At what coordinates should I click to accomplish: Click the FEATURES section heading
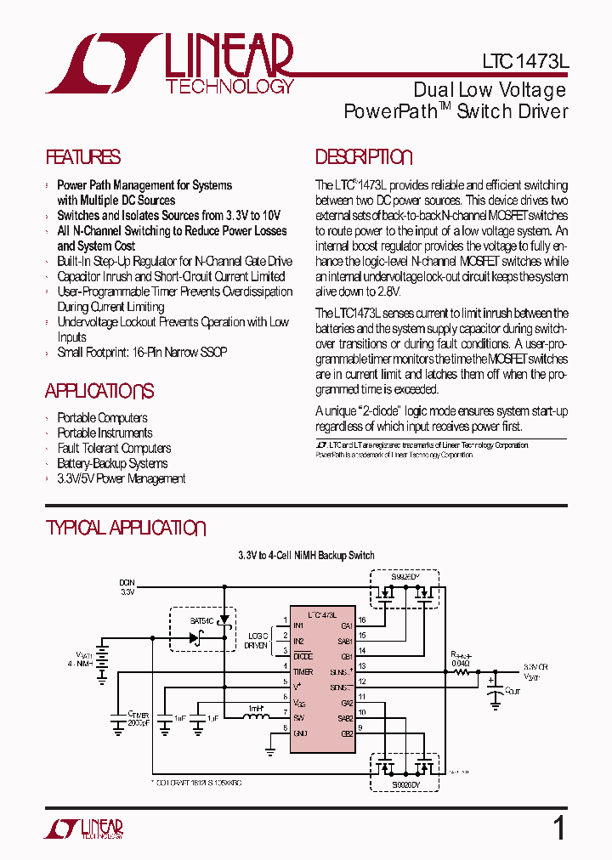pyautogui.click(x=82, y=157)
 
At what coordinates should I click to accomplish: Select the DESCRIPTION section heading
pyautogui.click(x=364, y=157)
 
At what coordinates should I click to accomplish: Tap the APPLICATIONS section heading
pyautogui.click(x=99, y=391)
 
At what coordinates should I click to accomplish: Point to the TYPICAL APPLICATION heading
pyautogui.click(x=125, y=528)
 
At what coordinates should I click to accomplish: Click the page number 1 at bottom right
pyautogui.click(x=558, y=828)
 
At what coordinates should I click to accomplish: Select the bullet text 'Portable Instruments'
pyautogui.click(x=105, y=433)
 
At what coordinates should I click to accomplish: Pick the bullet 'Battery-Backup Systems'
pyautogui.click(x=112, y=464)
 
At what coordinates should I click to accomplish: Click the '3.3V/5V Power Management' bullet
pyautogui.click(x=121, y=479)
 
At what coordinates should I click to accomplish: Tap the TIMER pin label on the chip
pyautogui.click(x=303, y=670)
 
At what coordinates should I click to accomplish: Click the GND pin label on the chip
pyautogui.click(x=300, y=732)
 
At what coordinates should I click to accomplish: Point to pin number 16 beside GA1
pyautogui.click(x=362, y=620)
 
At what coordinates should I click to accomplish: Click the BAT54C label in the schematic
pyautogui.click(x=201, y=621)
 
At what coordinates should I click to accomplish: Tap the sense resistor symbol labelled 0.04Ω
pyautogui.click(x=462, y=671)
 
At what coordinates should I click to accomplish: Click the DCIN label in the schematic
pyautogui.click(x=127, y=583)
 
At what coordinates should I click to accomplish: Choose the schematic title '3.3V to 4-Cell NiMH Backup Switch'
pyautogui.click(x=306, y=556)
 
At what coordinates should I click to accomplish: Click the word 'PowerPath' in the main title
pyautogui.click(x=390, y=111)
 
